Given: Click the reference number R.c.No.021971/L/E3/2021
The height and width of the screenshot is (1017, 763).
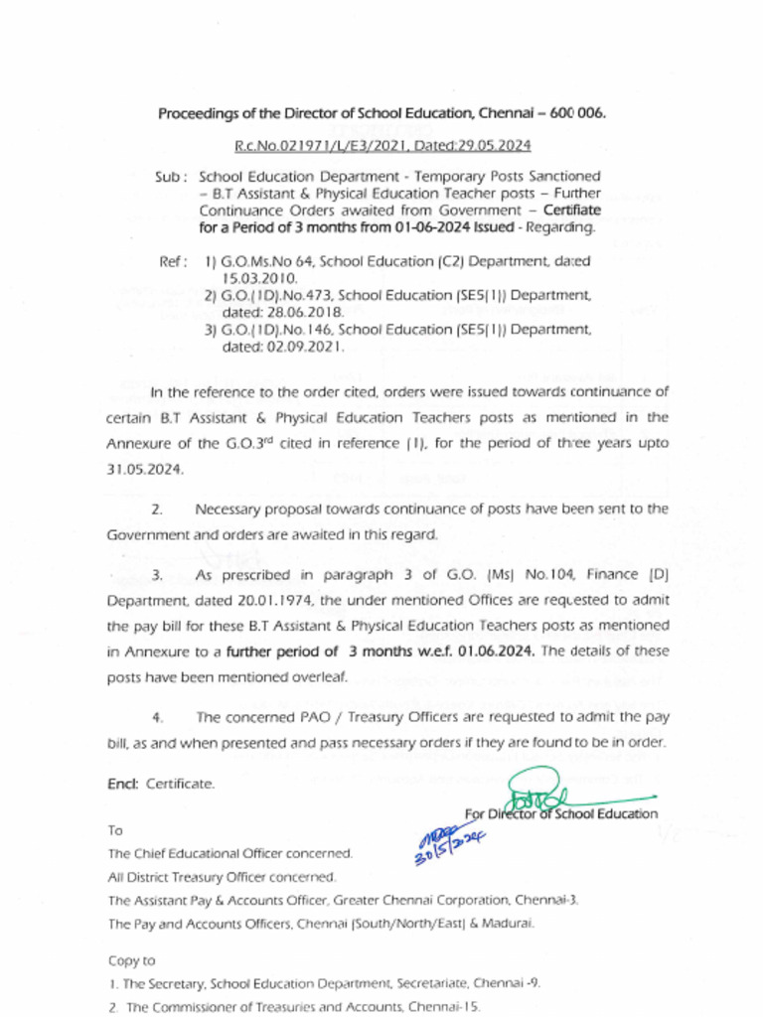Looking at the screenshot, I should tap(309, 146).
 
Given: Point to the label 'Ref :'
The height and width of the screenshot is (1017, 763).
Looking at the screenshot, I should tap(173, 262).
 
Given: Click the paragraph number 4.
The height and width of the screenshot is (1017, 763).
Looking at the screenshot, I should tap(157, 717).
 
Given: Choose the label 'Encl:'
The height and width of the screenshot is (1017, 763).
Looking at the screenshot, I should tap(123, 784).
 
